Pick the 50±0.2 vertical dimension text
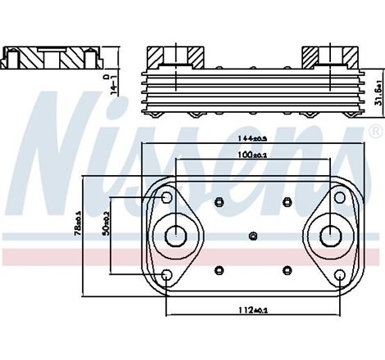point(106,223)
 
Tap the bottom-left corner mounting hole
point(166,276)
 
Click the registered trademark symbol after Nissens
point(375,131)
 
